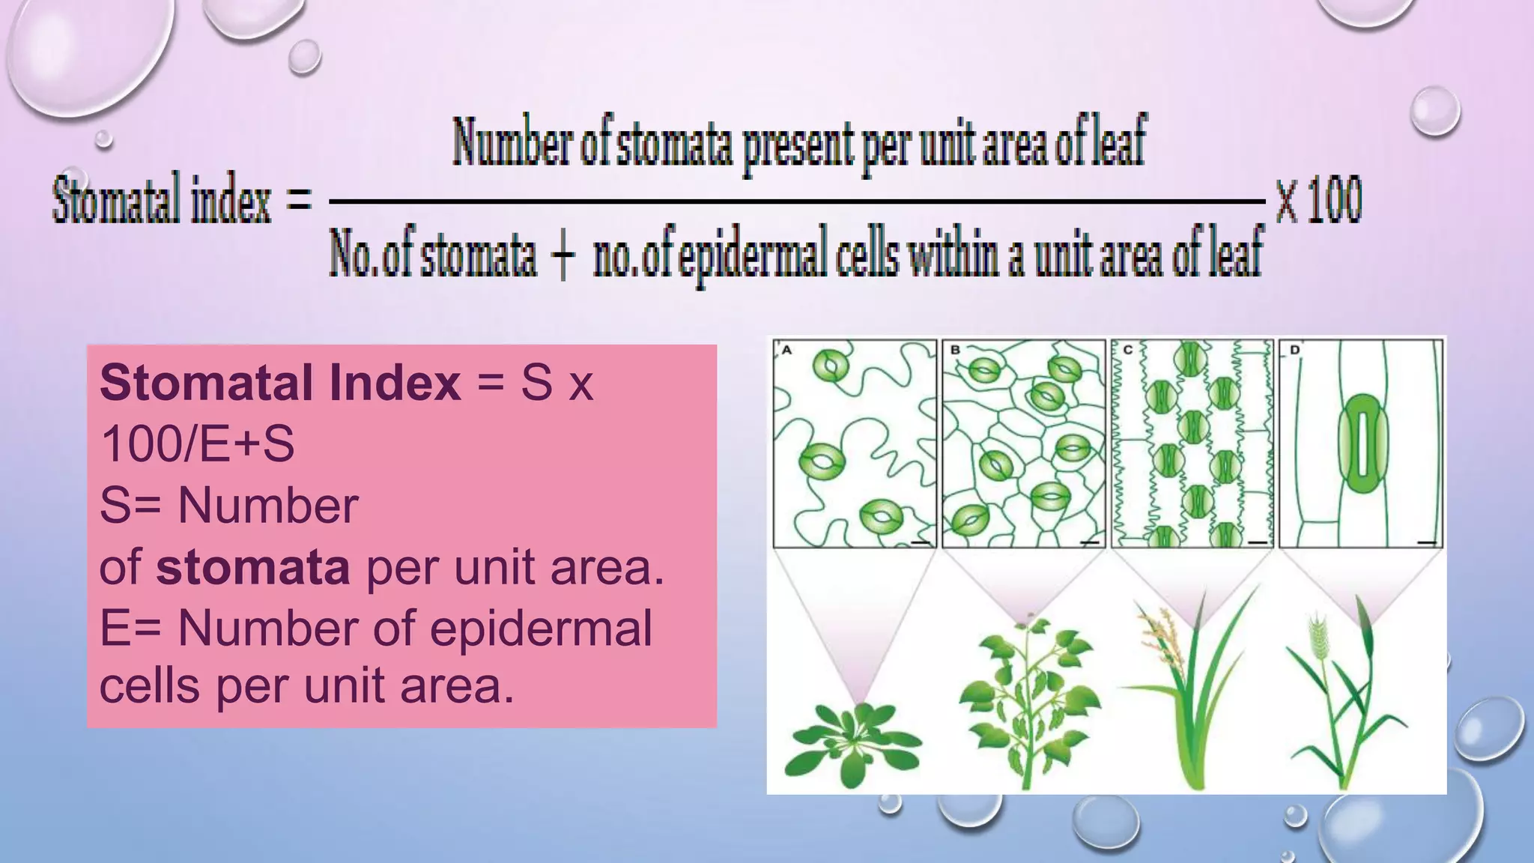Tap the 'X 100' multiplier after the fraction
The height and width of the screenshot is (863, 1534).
point(1318,201)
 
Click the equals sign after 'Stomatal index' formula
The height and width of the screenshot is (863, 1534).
point(300,201)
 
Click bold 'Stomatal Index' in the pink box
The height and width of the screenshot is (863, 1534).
point(280,382)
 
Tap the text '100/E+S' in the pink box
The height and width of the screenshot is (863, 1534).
point(198,443)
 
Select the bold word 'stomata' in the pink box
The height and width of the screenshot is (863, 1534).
point(253,567)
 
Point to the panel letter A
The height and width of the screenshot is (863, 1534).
point(786,350)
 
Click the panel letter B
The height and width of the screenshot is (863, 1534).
point(955,350)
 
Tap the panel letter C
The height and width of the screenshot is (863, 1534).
point(1127,350)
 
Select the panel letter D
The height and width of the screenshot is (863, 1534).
point(1295,350)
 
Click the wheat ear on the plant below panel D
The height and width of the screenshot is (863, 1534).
point(1318,637)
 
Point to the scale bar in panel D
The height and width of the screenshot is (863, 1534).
point(1427,542)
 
